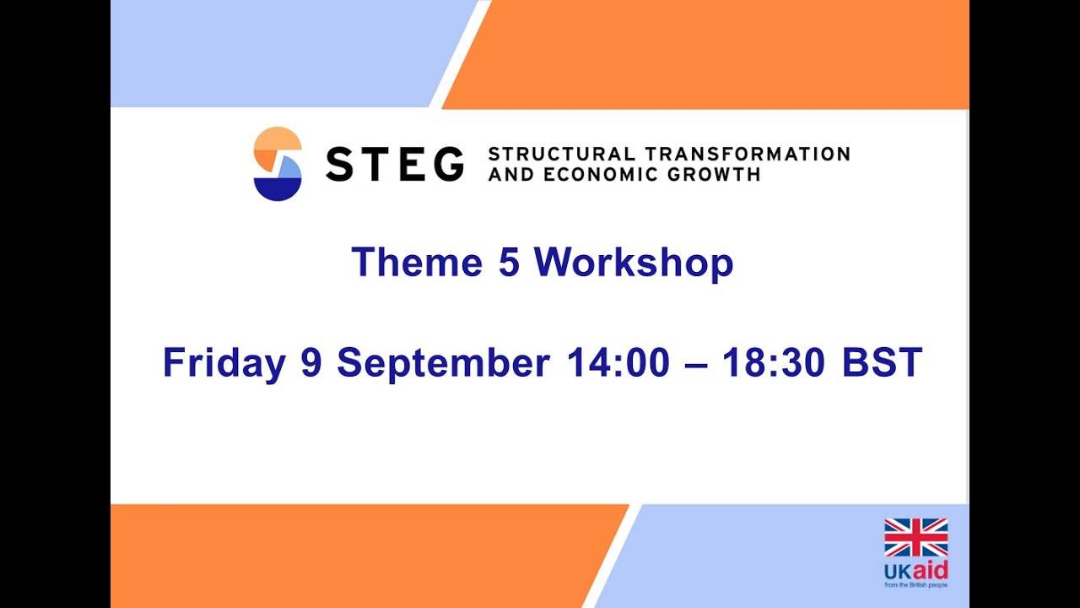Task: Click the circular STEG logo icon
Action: click(278, 164)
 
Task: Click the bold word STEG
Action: click(394, 164)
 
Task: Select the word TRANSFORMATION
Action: click(748, 155)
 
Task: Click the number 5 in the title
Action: click(509, 263)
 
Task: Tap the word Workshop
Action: click(634, 263)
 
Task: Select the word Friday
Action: click(224, 363)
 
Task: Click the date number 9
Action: click(311, 363)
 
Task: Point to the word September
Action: click(443, 363)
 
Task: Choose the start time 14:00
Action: click(618, 363)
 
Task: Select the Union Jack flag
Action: click(915, 538)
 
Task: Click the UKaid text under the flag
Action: click(915, 569)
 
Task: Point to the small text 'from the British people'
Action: click(915, 584)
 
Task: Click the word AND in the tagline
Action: click(510, 175)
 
